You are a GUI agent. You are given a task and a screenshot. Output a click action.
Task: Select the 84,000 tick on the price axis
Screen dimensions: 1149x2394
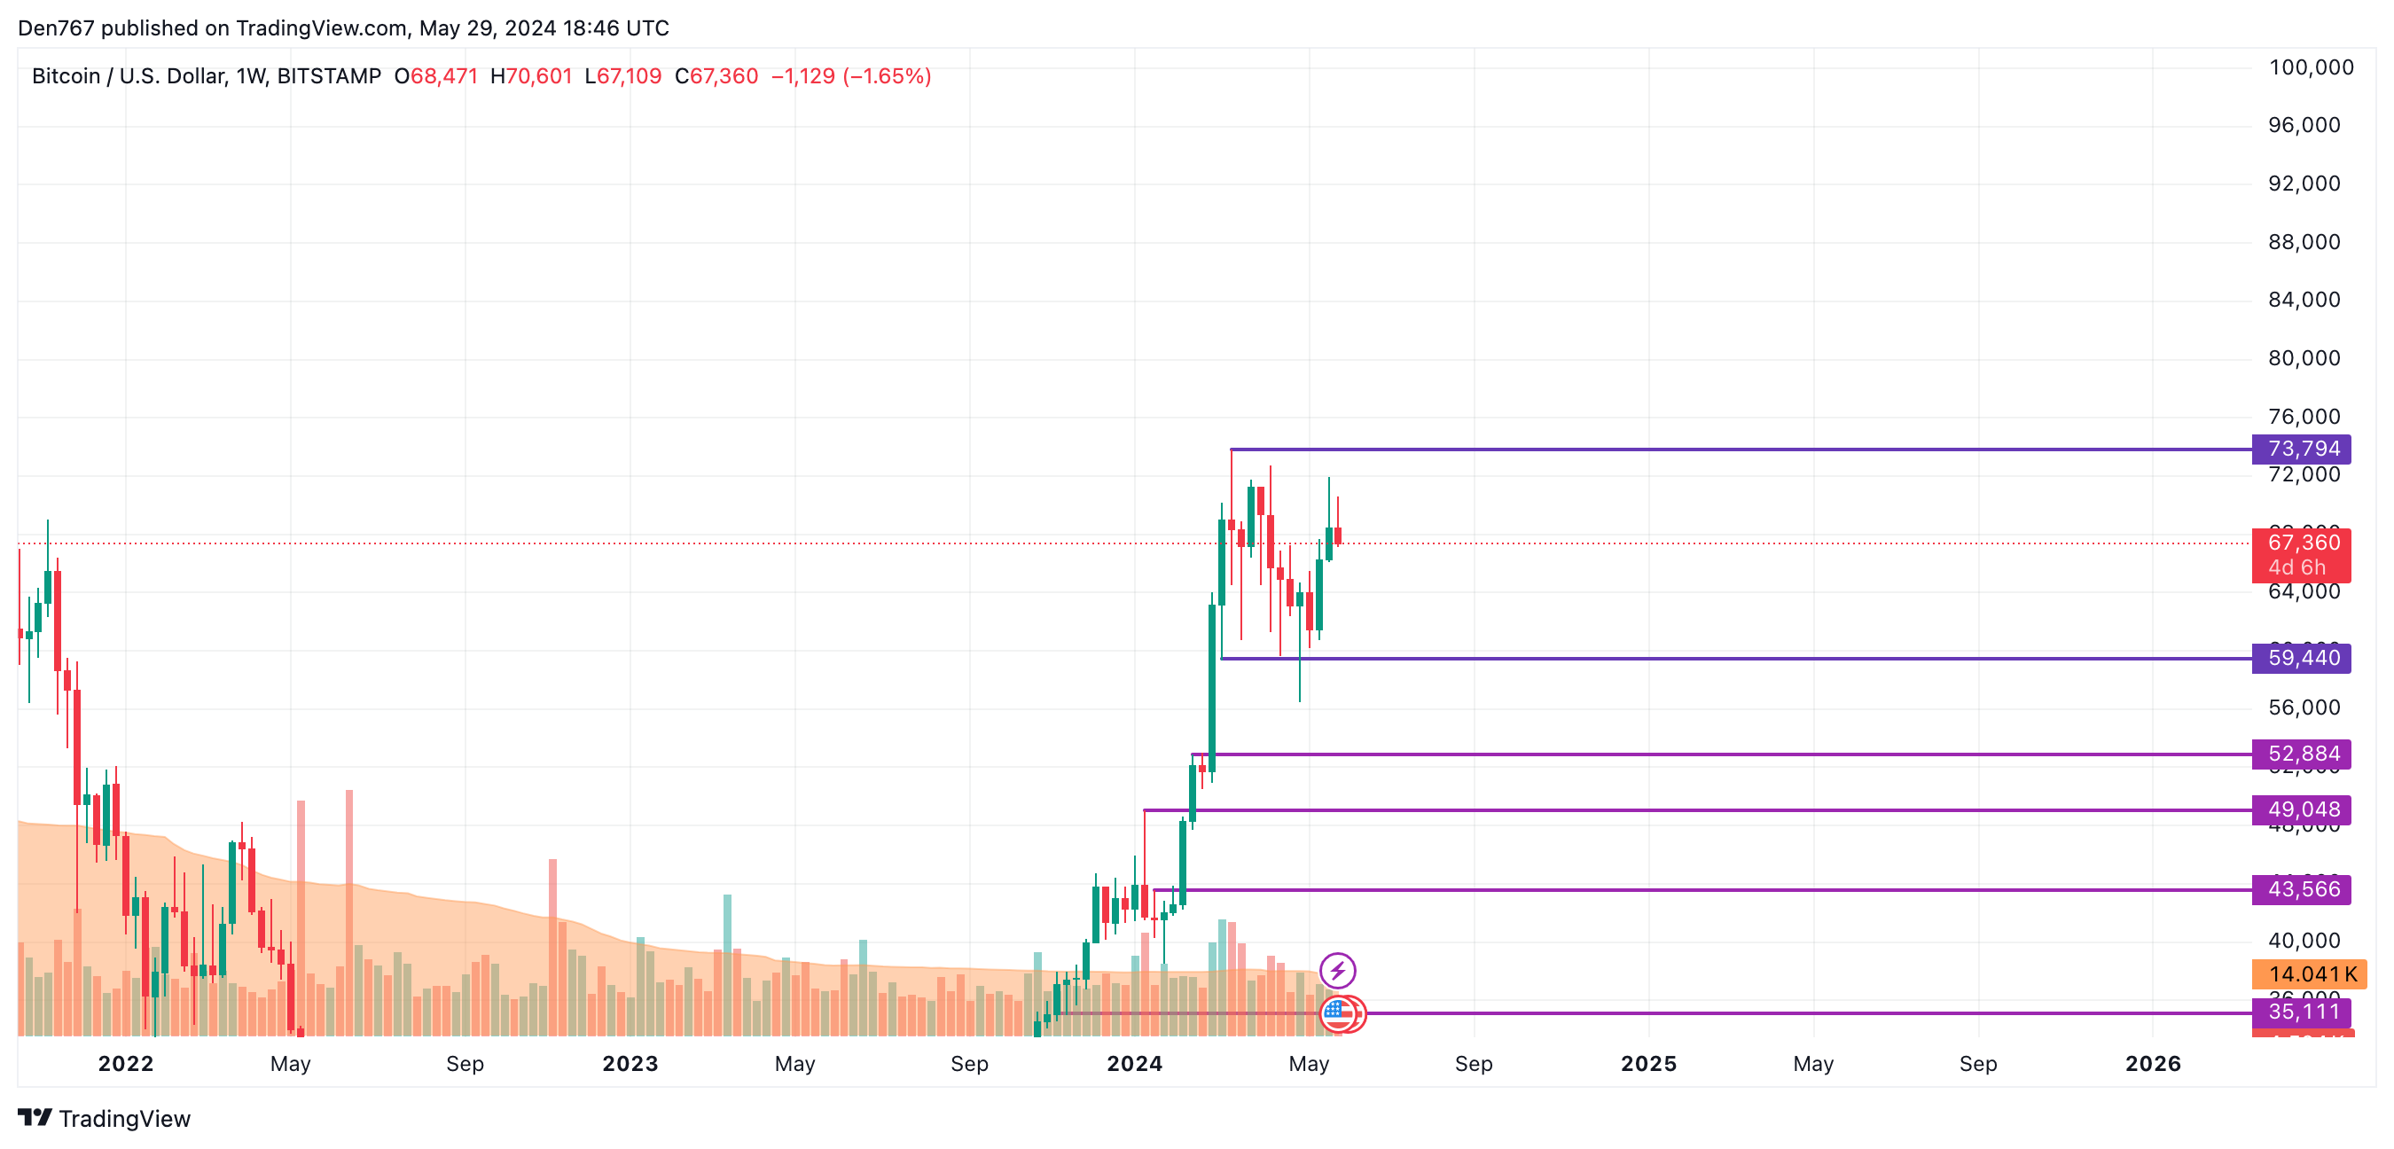[x=2304, y=300]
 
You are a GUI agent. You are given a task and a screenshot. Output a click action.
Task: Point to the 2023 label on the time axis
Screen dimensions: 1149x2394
[x=630, y=1064]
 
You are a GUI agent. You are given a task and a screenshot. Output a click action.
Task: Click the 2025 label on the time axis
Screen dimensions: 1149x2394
[x=1647, y=1064]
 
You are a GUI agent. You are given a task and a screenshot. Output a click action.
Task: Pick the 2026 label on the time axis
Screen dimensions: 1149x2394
[x=2152, y=1064]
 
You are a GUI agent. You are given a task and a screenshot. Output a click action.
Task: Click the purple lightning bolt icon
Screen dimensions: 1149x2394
[x=1337, y=972]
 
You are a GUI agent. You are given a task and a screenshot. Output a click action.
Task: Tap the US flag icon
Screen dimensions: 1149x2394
[x=1336, y=1013]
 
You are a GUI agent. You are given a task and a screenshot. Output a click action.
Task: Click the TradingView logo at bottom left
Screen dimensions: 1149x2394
[x=104, y=1118]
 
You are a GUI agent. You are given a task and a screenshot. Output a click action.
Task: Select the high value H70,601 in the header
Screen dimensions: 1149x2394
[x=532, y=76]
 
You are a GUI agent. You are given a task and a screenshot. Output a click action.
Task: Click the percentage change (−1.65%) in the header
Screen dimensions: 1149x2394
[x=887, y=76]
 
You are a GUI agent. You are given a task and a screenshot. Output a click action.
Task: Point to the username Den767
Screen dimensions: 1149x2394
[x=56, y=27]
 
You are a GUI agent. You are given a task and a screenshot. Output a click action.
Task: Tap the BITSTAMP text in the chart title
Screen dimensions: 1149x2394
[x=329, y=76]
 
